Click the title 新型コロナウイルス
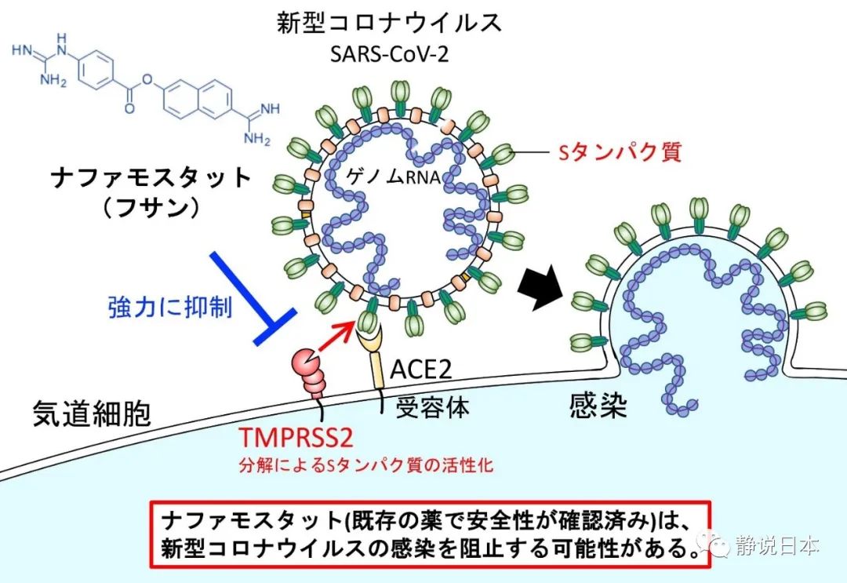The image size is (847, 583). [x=389, y=22]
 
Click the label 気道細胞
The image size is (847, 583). [x=92, y=413]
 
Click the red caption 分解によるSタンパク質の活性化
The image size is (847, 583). [x=365, y=465]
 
